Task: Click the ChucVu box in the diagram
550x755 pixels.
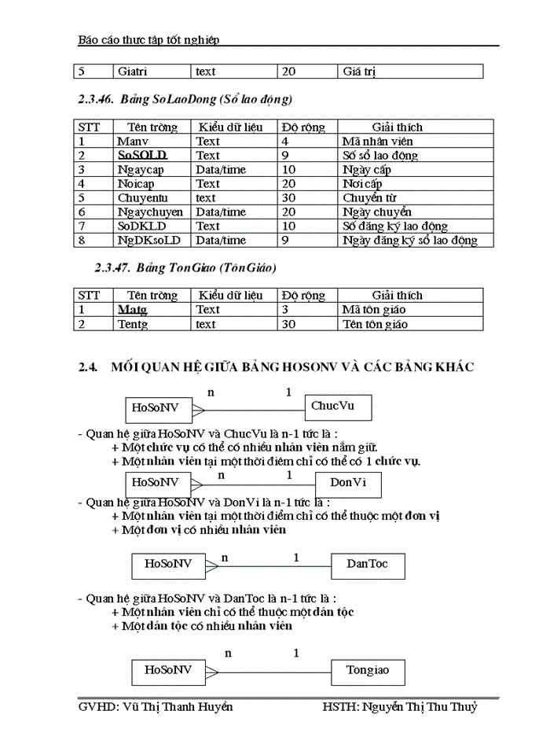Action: point(338,407)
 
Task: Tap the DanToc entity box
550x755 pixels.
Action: point(367,564)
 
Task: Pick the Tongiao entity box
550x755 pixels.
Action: point(368,671)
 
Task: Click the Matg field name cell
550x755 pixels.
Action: point(133,310)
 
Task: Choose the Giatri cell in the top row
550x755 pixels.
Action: point(137,72)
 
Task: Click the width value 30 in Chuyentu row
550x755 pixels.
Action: point(288,198)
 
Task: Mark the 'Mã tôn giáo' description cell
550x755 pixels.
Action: point(375,310)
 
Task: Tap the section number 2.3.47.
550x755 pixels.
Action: point(112,268)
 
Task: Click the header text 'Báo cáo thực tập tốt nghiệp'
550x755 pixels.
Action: point(149,39)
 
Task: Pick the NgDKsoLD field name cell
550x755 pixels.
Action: point(148,241)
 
